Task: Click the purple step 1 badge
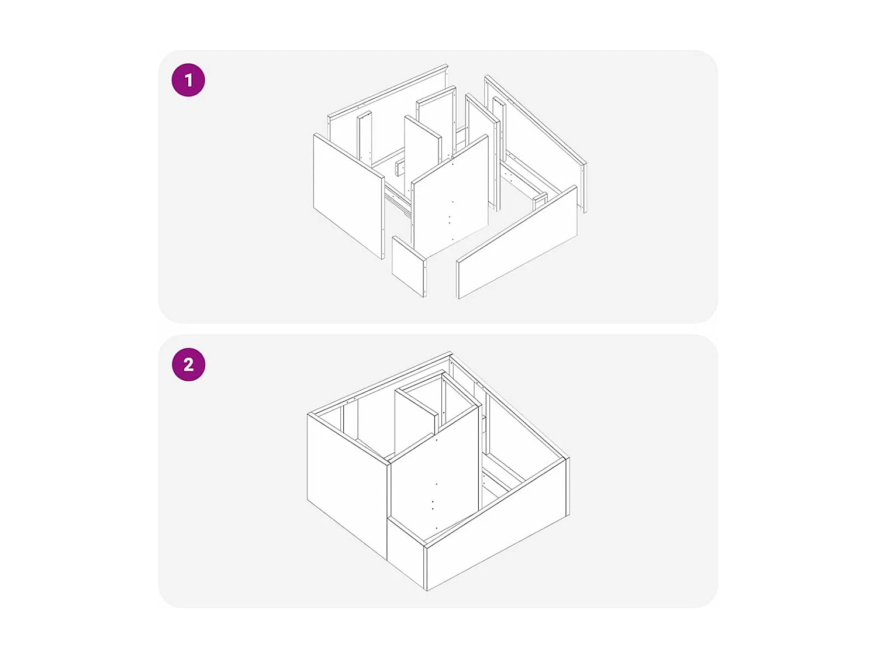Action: pyautogui.click(x=188, y=80)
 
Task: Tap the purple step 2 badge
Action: pyautogui.click(x=188, y=364)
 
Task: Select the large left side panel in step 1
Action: pyautogui.click(x=348, y=196)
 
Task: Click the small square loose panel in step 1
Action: pyautogui.click(x=408, y=266)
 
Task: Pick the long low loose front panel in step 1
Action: pyautogui.click(x=517, y=243)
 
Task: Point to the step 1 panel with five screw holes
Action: pyautogui.click(x=450, y=196)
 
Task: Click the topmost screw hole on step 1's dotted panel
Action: pyautogui.click(x=453, y=164)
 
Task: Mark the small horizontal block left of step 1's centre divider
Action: pyautogui.click(x=400, y=167)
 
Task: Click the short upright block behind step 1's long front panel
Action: pyautogui.click(x=540, y=201)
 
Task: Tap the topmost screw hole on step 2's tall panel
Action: pyautogui.click(x=436, y=440)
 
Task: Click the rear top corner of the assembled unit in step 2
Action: pyautogui.click(x=451, y=353)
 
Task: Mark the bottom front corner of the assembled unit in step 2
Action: pyautogui.click(x=426, y=590)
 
